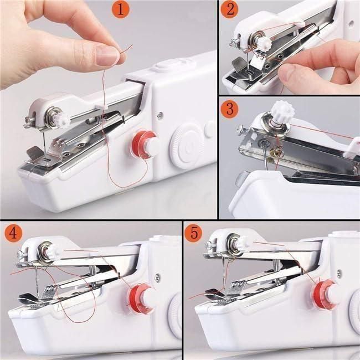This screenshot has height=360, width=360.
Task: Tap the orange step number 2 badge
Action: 230,10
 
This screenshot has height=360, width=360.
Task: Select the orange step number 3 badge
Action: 230,108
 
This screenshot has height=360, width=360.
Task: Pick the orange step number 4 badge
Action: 13,233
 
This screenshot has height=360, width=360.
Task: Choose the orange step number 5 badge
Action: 193,233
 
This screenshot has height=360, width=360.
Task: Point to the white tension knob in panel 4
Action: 54,253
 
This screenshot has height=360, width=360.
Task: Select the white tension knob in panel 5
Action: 242,242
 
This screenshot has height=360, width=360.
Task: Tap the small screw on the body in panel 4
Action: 157,277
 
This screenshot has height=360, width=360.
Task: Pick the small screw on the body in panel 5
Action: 338,273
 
